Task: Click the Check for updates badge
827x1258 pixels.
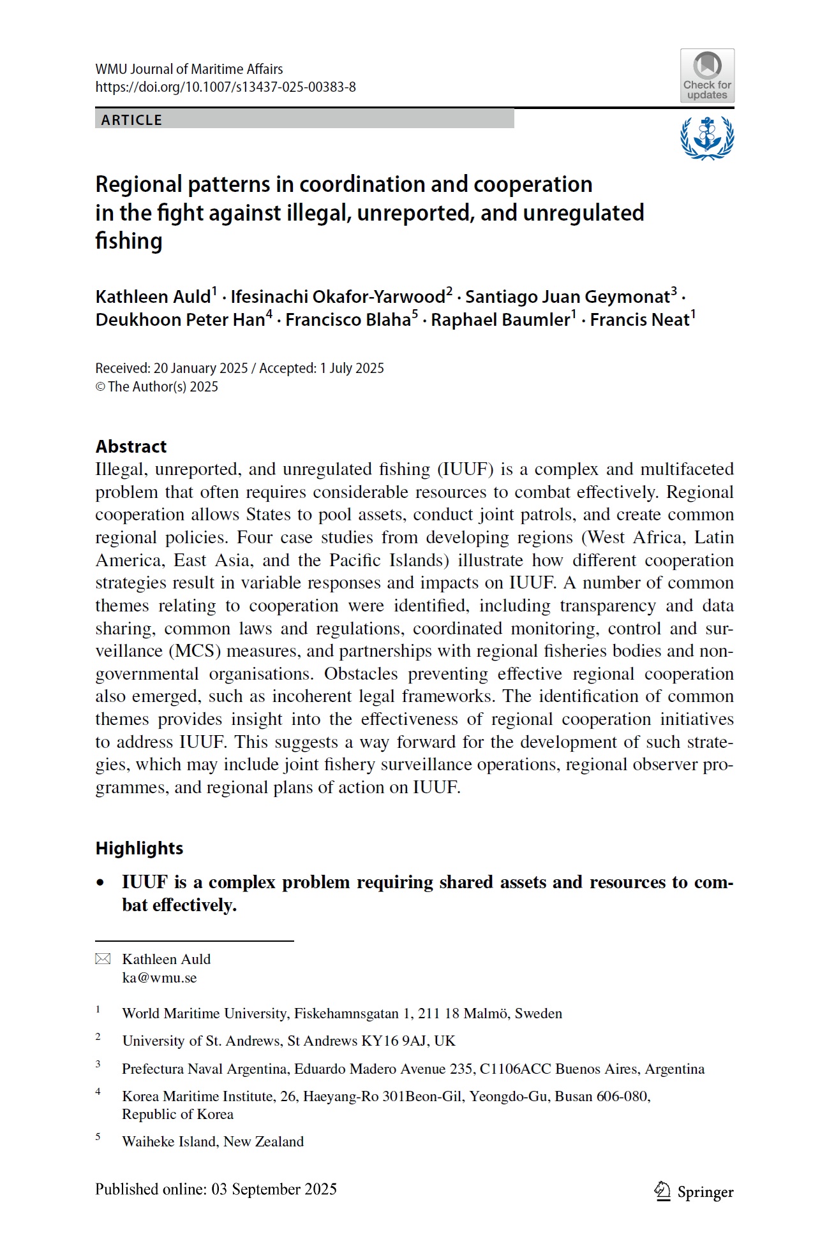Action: click(x=707, y=76)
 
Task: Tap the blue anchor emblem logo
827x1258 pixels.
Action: click(x=707, y=137)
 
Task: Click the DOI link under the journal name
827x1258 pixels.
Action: click(x=225, y=87)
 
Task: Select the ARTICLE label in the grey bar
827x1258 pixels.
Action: click(x=131, y=120)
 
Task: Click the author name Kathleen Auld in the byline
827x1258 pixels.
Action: click(x=153, y=297)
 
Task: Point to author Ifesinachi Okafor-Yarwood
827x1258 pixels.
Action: click(x=338, y=297)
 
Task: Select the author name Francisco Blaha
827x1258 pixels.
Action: click(x=348, y=320)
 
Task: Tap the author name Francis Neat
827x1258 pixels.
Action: click(x=639, y=320)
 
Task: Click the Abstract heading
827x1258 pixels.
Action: click(x=131, y=446)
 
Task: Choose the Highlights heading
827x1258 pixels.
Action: click(x=139, y=848)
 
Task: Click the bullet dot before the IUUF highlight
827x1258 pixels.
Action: click(x=100, y=883)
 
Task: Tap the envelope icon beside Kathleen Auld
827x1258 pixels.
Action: click(x=103, y=959)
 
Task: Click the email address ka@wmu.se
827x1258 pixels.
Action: click(x=159, y=978)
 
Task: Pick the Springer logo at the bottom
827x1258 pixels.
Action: click(x=694, y=1192)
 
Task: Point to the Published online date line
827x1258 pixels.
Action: click(x=216, y=1189)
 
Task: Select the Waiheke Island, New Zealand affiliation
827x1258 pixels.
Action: click(x=212, y=1141)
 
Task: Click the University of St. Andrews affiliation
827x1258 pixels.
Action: click(x=288, y=1041)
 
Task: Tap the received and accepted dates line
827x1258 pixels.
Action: click(x=239, y=369)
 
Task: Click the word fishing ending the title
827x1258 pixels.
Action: click(x=129, y=242)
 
